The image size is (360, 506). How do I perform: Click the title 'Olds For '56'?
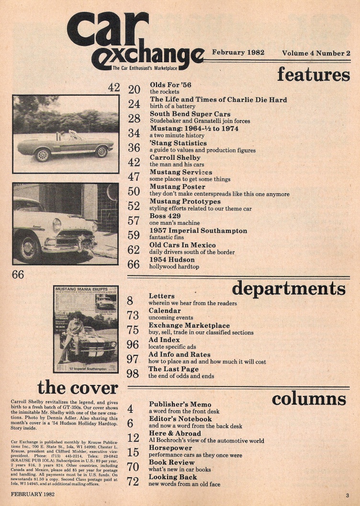[x=170, y=85]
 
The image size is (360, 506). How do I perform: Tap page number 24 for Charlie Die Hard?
[x=134, y=103]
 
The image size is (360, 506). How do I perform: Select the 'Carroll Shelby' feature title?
[x=175, y=157]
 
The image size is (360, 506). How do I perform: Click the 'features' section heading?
[x=313, y=74]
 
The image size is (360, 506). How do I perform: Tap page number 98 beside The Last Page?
[x=133, y=373]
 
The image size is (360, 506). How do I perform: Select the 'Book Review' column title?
[x=172, y=462]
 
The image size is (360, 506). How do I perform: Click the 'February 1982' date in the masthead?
[x=238, y=53]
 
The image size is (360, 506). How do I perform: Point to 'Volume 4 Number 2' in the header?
[x=316, y=53]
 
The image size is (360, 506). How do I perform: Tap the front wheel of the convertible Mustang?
[x=42, y=155]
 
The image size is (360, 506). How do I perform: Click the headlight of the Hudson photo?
[x=56, y=225]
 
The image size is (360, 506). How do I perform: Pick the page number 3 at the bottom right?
[x=348, y=495]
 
